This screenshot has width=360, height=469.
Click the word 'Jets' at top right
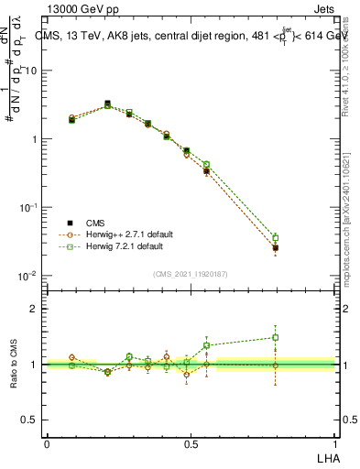(323, 11)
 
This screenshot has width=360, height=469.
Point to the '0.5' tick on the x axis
(191, 444)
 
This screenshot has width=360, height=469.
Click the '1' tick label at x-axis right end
(334, 444)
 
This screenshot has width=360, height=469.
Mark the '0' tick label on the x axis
(47, 444)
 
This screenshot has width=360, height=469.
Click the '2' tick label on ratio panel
(35, 309)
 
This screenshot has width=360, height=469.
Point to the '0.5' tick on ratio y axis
(30, 420)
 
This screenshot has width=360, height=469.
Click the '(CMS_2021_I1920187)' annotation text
(191, 273)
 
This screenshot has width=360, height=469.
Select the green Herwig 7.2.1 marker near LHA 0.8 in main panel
(275, 238)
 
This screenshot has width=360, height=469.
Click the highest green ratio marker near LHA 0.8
(275, 337)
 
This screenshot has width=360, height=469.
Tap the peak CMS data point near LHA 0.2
(107, 104)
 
